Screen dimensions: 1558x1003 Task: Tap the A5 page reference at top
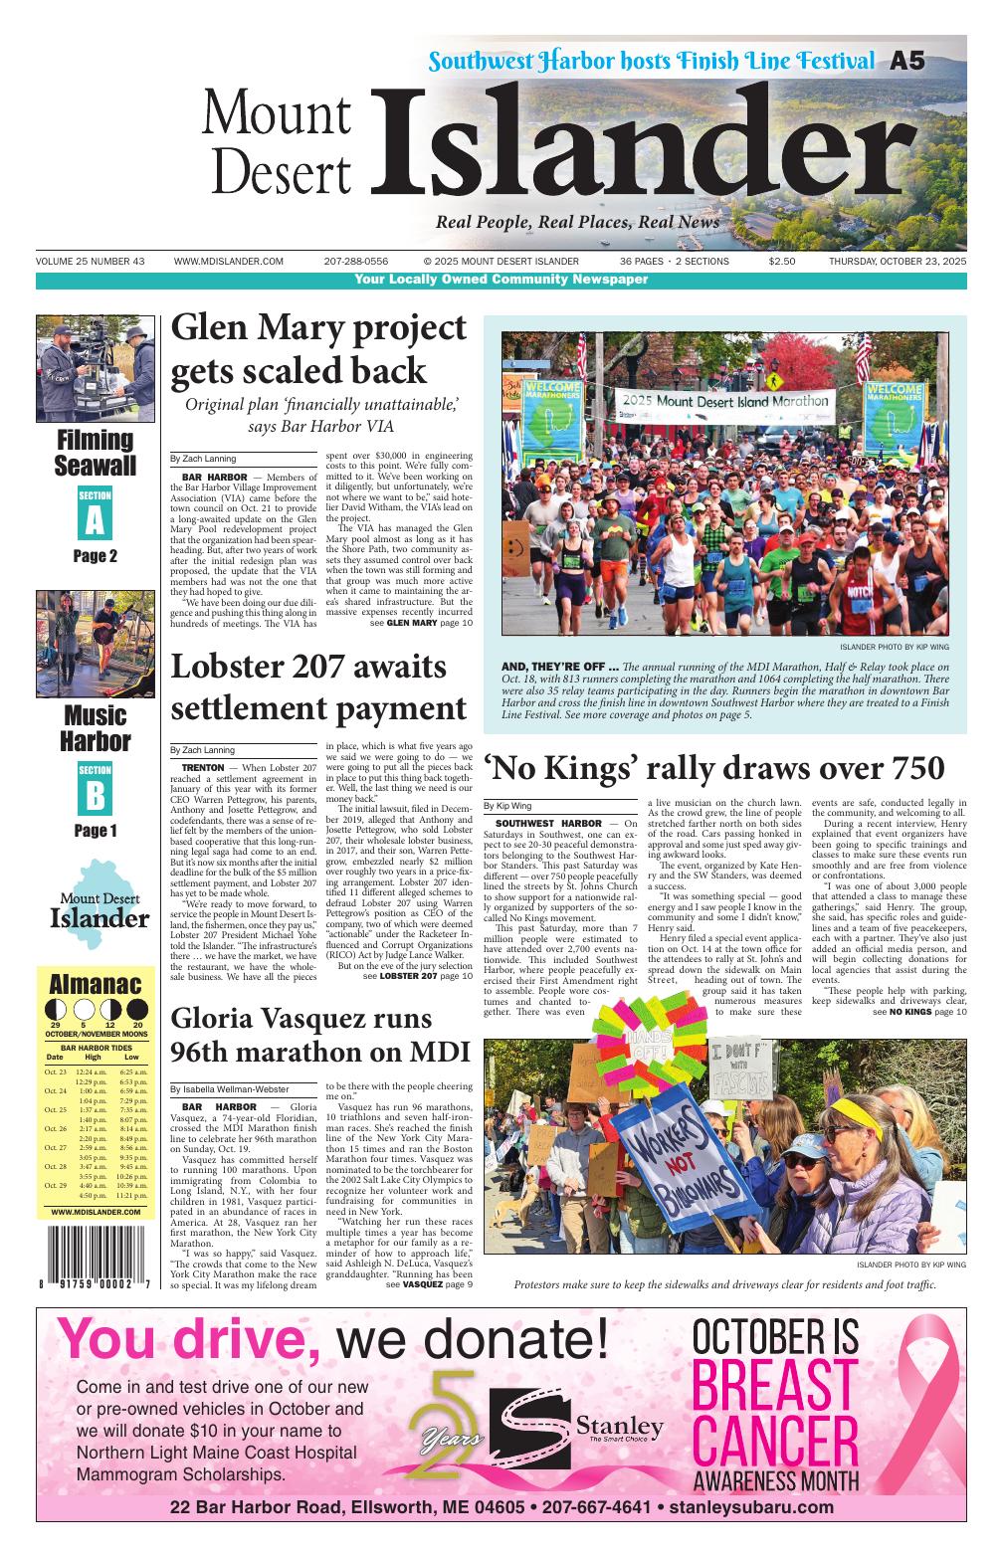coord(906,62)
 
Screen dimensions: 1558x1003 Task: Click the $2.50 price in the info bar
coord(782,262)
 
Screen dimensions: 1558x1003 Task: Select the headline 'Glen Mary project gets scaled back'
coord(318,349)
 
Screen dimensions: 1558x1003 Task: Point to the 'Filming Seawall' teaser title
coord(96,453)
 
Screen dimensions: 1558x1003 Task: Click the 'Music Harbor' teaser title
coord(96,728)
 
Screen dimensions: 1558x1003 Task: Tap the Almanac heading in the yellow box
coord(96,985)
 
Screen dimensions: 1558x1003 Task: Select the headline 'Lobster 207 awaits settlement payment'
coord(318,687)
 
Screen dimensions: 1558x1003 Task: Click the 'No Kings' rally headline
coord(713,768)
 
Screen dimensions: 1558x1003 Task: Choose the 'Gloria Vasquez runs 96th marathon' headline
coord(302,1035)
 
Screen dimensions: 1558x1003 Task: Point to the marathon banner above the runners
coord(722,401)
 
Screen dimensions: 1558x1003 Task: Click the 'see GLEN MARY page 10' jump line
coord(421,623)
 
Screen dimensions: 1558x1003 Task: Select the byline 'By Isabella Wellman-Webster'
coord(229,1090)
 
